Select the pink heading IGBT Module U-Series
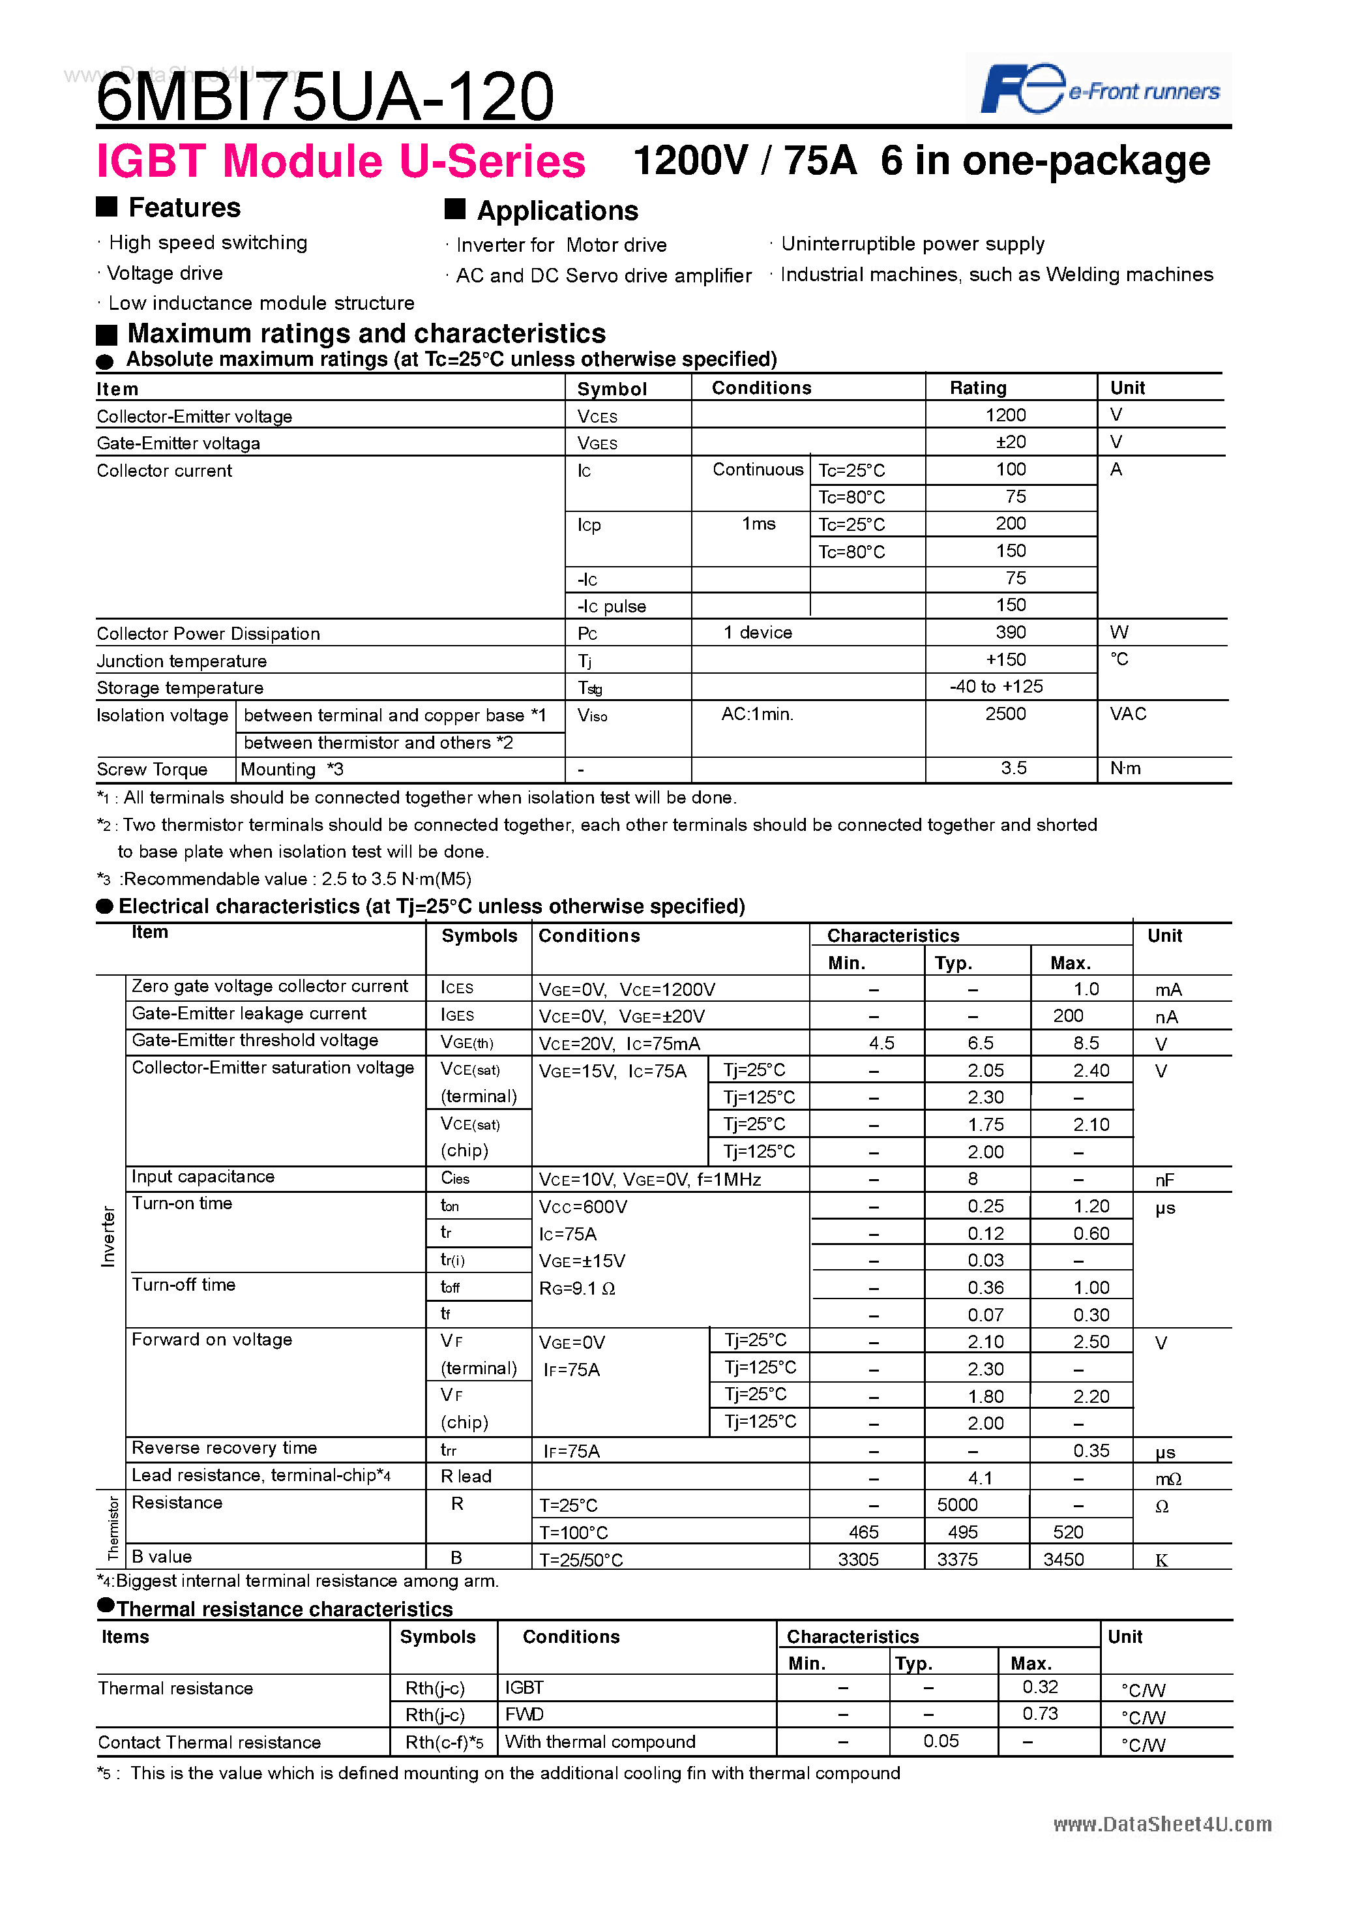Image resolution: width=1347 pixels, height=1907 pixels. [340, 161]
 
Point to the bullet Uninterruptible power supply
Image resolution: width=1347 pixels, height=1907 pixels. [912, 244]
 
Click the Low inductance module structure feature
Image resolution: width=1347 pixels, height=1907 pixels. [261, 303]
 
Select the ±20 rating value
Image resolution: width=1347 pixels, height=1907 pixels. [1010, 443]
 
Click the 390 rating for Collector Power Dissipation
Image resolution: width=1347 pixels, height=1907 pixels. [1010, 633]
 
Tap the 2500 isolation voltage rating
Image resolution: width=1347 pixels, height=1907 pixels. [1005, 714]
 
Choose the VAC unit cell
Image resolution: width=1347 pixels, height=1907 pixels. [1128, 714]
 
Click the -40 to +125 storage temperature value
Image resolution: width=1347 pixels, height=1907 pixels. [996, 687]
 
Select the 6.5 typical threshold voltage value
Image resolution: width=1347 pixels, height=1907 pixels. [980, 1044]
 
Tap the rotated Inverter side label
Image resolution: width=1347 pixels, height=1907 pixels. [108, 1237]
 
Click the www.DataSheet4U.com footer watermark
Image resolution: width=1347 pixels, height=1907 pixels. [1162, 1824]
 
